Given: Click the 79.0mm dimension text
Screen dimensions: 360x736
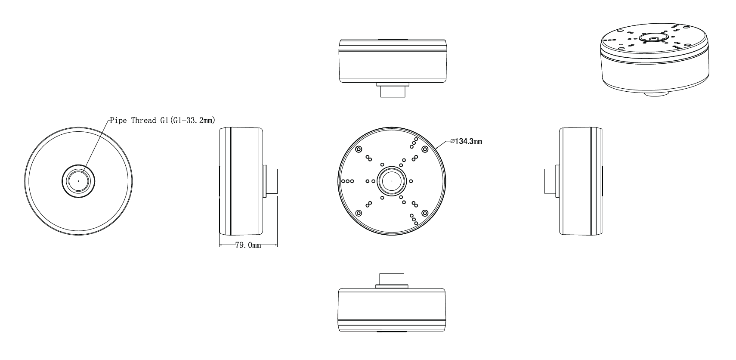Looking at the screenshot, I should click(x=248, y=246).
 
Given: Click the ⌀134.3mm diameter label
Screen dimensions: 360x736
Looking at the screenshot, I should click(x=466, y=141).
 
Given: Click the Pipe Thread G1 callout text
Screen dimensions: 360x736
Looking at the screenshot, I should click(x=162, y=120).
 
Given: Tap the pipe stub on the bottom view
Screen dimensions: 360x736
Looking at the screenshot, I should click(x=392, y=279).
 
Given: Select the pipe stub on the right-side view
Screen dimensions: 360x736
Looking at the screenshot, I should click(x=551, y=181).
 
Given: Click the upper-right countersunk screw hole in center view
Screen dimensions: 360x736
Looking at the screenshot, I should click(x=425, y=149).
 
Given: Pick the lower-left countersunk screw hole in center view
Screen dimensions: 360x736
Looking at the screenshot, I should click(x=359, y=213).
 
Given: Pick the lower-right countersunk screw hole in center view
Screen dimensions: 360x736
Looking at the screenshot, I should click(x=425, y=213).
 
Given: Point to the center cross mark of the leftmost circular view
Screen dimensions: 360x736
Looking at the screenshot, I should click(x=78, y=181).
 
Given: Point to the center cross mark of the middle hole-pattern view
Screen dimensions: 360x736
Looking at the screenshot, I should click(x=392, y=181).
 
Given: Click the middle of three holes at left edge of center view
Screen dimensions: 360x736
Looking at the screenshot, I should click(x=347, y=181).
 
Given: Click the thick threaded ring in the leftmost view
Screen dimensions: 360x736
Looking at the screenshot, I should click(x=65, y=181).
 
